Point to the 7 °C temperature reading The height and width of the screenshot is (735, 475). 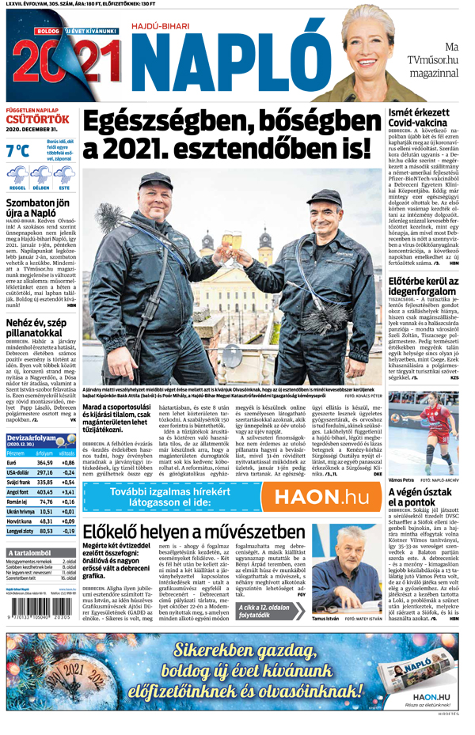click(x=18, y=151)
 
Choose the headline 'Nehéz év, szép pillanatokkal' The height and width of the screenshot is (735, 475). click(x=40, y=325)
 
